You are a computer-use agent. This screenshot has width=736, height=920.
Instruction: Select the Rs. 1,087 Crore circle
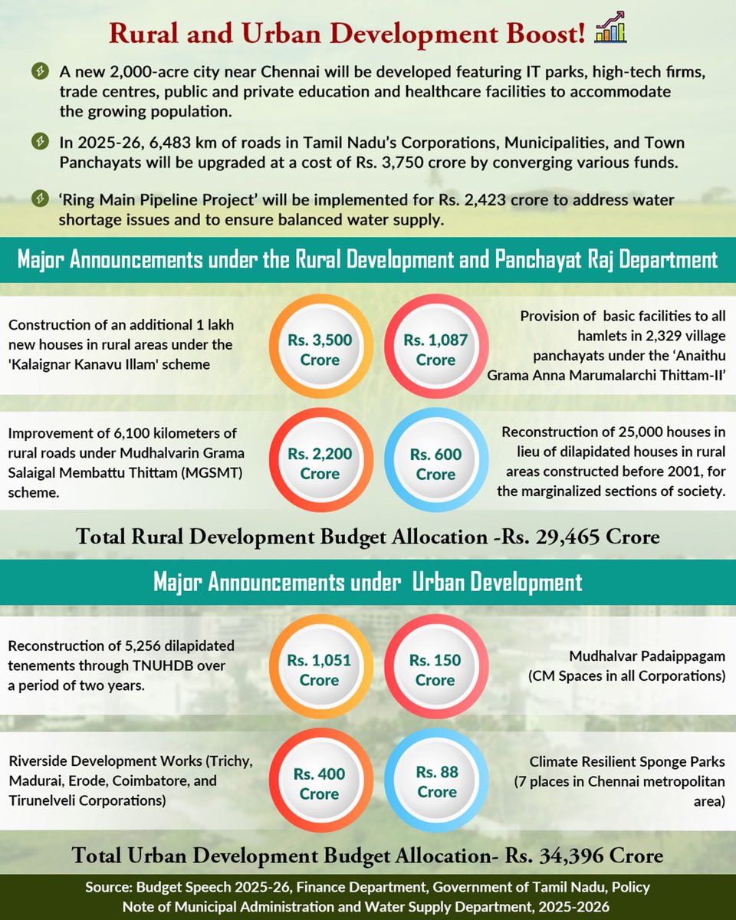coord(435,350)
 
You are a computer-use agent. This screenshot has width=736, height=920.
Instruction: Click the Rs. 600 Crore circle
coord(435,464)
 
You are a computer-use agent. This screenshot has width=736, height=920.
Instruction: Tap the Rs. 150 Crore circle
coord(435,670)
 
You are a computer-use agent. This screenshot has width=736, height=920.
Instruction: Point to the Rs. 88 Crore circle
coord(435,782)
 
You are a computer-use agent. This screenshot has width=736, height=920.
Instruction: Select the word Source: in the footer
coord(111,888)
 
